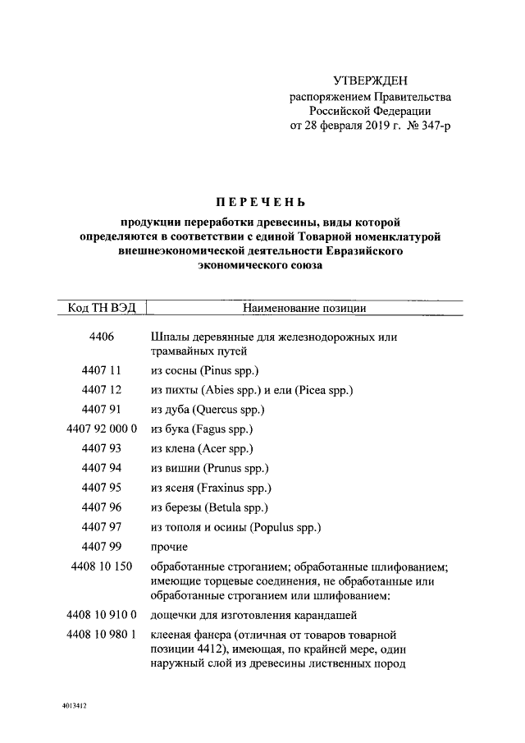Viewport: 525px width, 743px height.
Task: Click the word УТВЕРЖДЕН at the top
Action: (370, 80)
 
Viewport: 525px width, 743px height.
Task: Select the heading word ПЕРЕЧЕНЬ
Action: (260, 202)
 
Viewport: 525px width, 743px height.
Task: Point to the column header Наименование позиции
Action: (304, 308)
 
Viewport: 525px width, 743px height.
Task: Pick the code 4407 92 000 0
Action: (102, 429)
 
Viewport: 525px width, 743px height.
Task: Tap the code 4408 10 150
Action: (102, 566)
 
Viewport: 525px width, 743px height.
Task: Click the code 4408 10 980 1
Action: (102, 635)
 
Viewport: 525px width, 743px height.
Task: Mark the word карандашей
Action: (328, 615)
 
